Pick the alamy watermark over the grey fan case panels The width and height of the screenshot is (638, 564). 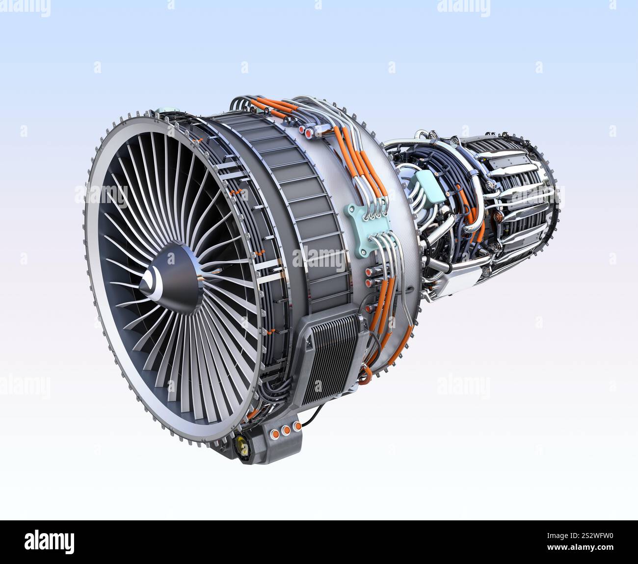(319, 258)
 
